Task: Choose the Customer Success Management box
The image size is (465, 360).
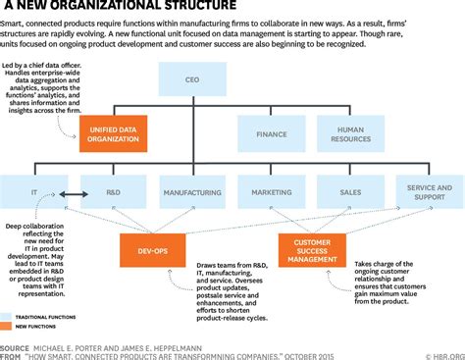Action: tap(311, 249)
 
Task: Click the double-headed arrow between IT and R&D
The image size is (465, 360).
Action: tap(72, 192)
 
